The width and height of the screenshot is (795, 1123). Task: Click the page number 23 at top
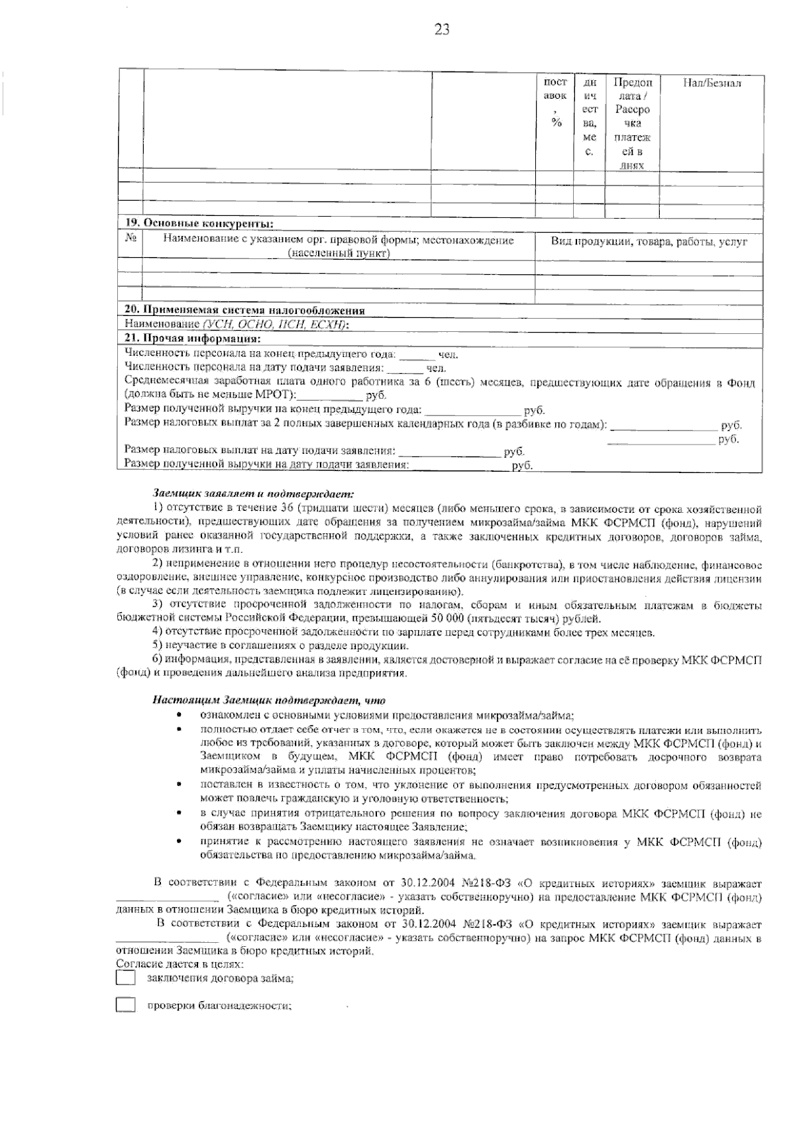[x=442, y=28]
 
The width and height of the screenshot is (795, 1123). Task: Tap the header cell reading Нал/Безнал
[x=712, y=83]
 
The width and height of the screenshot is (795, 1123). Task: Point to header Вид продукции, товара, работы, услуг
[x=649, y=242]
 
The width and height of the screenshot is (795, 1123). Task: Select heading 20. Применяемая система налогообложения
[x=245, y=310]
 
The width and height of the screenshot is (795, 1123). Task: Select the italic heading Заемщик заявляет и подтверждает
[x=254, y=493]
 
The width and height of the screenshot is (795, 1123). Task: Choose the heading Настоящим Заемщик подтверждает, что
[x=269, y=700]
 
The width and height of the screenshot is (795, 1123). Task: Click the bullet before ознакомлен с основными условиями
[x=178, y=715]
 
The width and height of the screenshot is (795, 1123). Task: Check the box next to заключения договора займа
[x=125, y=978]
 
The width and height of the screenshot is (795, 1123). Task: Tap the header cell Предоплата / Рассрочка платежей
[x=632, y=123]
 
